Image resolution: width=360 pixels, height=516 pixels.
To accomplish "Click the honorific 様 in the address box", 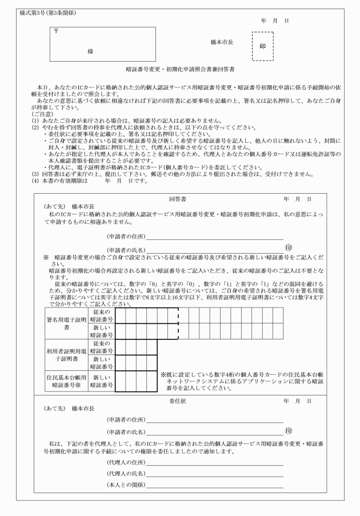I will coord(90,51).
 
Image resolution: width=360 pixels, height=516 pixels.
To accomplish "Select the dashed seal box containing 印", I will coord(262,46).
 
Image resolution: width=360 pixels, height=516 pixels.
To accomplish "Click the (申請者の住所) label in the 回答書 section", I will coord(126,235).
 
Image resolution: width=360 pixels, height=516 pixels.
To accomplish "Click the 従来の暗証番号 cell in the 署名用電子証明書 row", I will coord(102,315).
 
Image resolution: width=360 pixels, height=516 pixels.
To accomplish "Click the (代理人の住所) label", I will coord(126,462).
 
